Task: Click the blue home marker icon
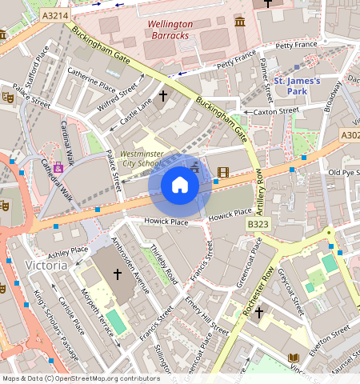pyautogui.click(x=180, y=185)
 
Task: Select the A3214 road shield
pyautogui.click(x=56, y=14)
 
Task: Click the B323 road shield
pyautogui.click(x=258, y=225)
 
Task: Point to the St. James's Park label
pyautogui.click(x=297, y=86)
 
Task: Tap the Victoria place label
pyautogui.click(x=46, y=264)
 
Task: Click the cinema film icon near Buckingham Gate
pyautogui.click(x=222, y=171)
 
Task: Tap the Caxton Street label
pyautogui.click(x=275, y=112)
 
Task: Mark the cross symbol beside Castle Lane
pyautogui.click(x=163, y=95)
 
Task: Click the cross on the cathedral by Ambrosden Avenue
pyautogui.click(x=117, y=274)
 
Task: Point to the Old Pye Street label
pyautogui.click(x=345, y=173)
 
